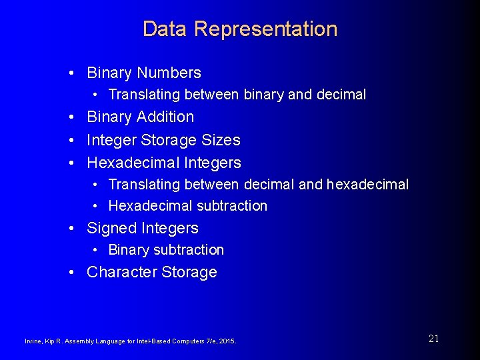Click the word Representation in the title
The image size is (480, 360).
266,29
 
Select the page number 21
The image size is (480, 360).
433,339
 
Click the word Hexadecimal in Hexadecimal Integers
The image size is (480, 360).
131,163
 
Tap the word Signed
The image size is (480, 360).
111,228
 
